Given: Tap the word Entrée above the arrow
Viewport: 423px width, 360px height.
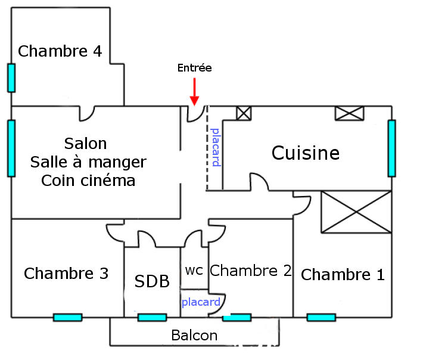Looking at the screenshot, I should coord(194,68).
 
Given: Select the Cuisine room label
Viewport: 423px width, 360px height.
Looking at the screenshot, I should coord(306,153).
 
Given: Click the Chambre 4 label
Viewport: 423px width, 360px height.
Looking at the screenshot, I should coord(60,51).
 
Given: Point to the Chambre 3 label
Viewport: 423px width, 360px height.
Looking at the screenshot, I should coord(66,274).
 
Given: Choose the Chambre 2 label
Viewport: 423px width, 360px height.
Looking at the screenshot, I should coord(251,271).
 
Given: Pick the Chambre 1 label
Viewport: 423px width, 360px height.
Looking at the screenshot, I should coord(343,275).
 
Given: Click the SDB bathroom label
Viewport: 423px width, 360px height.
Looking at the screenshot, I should coord(152,281).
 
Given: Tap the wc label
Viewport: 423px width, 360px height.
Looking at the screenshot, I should coord(194,270).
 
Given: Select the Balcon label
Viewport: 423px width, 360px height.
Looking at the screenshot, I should coord(194,336).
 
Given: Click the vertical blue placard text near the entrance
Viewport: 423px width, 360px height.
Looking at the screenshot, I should coord(216,147).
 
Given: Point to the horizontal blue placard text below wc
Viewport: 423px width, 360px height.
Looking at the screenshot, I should coord(201,302).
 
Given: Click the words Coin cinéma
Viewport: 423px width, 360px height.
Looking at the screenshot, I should coord(88,181).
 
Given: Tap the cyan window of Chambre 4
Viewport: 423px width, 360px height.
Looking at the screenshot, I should coord(11,77).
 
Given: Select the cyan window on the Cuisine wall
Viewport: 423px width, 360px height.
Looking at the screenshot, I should coord(391,148).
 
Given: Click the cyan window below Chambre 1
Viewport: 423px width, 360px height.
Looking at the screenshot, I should coord(321,317).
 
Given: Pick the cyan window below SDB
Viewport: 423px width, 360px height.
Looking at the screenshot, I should coord(152,317).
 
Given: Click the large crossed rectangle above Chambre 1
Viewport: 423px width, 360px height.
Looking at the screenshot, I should coord(356,212).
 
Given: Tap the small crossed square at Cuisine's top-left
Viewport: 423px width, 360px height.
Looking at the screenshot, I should coord(244,113).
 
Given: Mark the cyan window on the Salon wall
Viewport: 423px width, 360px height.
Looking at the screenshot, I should coord(11,148).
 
